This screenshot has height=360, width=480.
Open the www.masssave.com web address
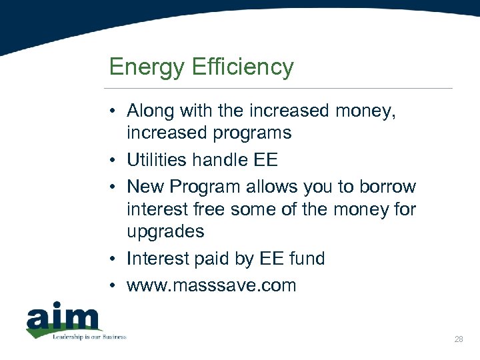coord(211,285)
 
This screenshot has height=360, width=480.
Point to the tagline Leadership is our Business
coord(89,337)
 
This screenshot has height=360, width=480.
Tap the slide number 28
coord(458,339)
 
